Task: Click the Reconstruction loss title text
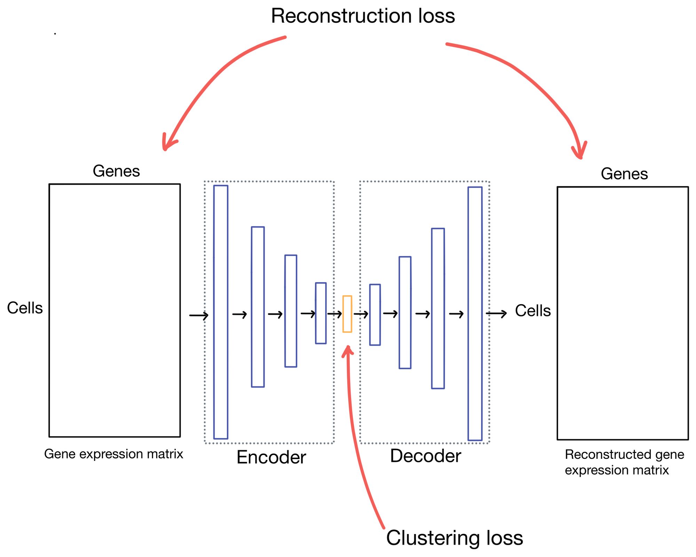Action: click(x=363, y=16)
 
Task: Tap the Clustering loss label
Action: click(x=454, y=538)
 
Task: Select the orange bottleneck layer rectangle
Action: click(x=347, y=314)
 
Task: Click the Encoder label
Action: click(x=271, y=457)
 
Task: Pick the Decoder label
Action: click(x=425, y=456)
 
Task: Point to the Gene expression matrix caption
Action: click(x=113, y=454)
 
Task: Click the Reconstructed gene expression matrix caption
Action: click(x=624, y=462)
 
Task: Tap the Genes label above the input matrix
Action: click(x=116, y=171)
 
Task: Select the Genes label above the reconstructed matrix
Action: click(x=624, y=174)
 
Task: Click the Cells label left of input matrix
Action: click(x=25, y=308)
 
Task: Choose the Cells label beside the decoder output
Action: click(x=532, y=311)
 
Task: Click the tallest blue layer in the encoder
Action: click(x=221, y=312)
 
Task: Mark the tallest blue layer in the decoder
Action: click(x=475, y=313)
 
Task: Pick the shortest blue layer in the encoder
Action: click(x=321, y=313)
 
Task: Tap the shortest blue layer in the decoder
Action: click(x=375, y=315)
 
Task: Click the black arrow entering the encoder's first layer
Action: click(x=199, y=316)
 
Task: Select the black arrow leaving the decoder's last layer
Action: click(x=496, y=314)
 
